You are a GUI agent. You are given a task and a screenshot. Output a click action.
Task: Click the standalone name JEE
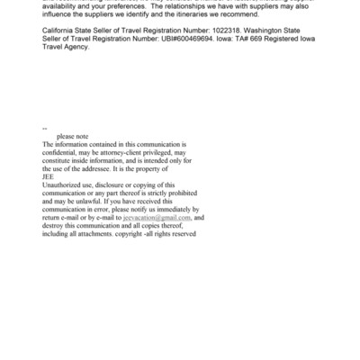coord(49,177)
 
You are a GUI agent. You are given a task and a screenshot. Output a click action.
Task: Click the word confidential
coord(62,153)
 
